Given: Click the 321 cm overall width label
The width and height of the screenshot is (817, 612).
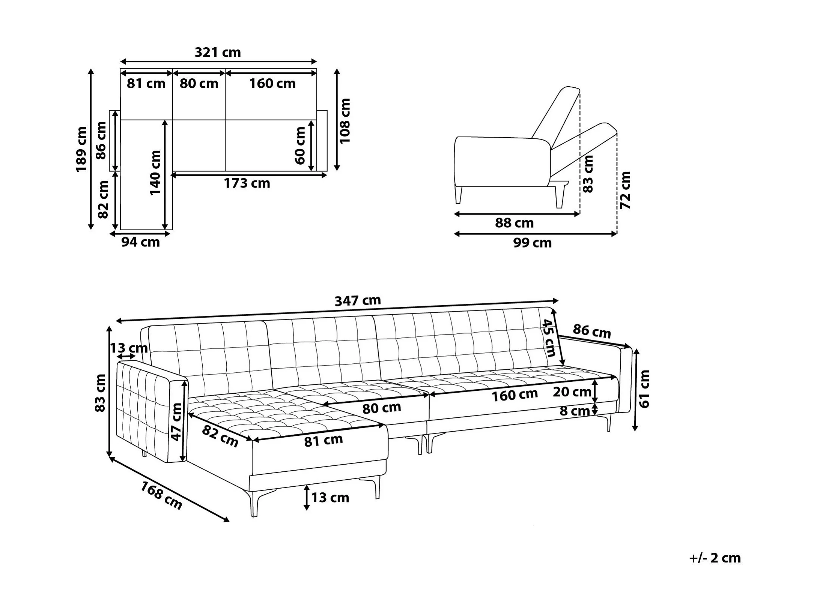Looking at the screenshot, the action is click(218, 52).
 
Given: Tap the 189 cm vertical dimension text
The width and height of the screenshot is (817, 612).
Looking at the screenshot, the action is click(81, 149).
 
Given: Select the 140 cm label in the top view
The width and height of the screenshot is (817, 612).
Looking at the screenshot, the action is click(155, 172).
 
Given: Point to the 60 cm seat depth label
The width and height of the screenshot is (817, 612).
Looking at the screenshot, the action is click(300, 145).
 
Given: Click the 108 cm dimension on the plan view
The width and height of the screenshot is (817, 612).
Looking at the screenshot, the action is click(345, 121).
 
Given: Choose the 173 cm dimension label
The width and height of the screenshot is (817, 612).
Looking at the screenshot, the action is click(247, 183).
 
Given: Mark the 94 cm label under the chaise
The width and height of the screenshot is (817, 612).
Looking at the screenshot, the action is click(141, 242).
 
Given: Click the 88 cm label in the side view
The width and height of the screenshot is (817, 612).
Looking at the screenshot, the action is click(514, 223).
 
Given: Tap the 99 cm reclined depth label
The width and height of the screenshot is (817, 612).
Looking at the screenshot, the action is click(533, 243).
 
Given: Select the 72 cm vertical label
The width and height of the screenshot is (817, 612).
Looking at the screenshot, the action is click(625, 190).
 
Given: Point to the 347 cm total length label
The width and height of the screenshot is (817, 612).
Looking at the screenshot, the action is click(358, 300).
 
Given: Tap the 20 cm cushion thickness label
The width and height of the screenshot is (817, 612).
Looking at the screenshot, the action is click(572, 392).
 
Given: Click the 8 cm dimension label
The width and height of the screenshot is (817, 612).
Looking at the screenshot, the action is click(575, 411).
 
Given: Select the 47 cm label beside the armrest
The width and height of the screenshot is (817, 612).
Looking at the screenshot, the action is click(176, 422).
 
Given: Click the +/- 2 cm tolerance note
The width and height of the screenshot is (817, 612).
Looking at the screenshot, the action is click(715, 568).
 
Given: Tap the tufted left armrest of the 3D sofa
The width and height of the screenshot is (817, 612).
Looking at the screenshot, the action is click(150, 411).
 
